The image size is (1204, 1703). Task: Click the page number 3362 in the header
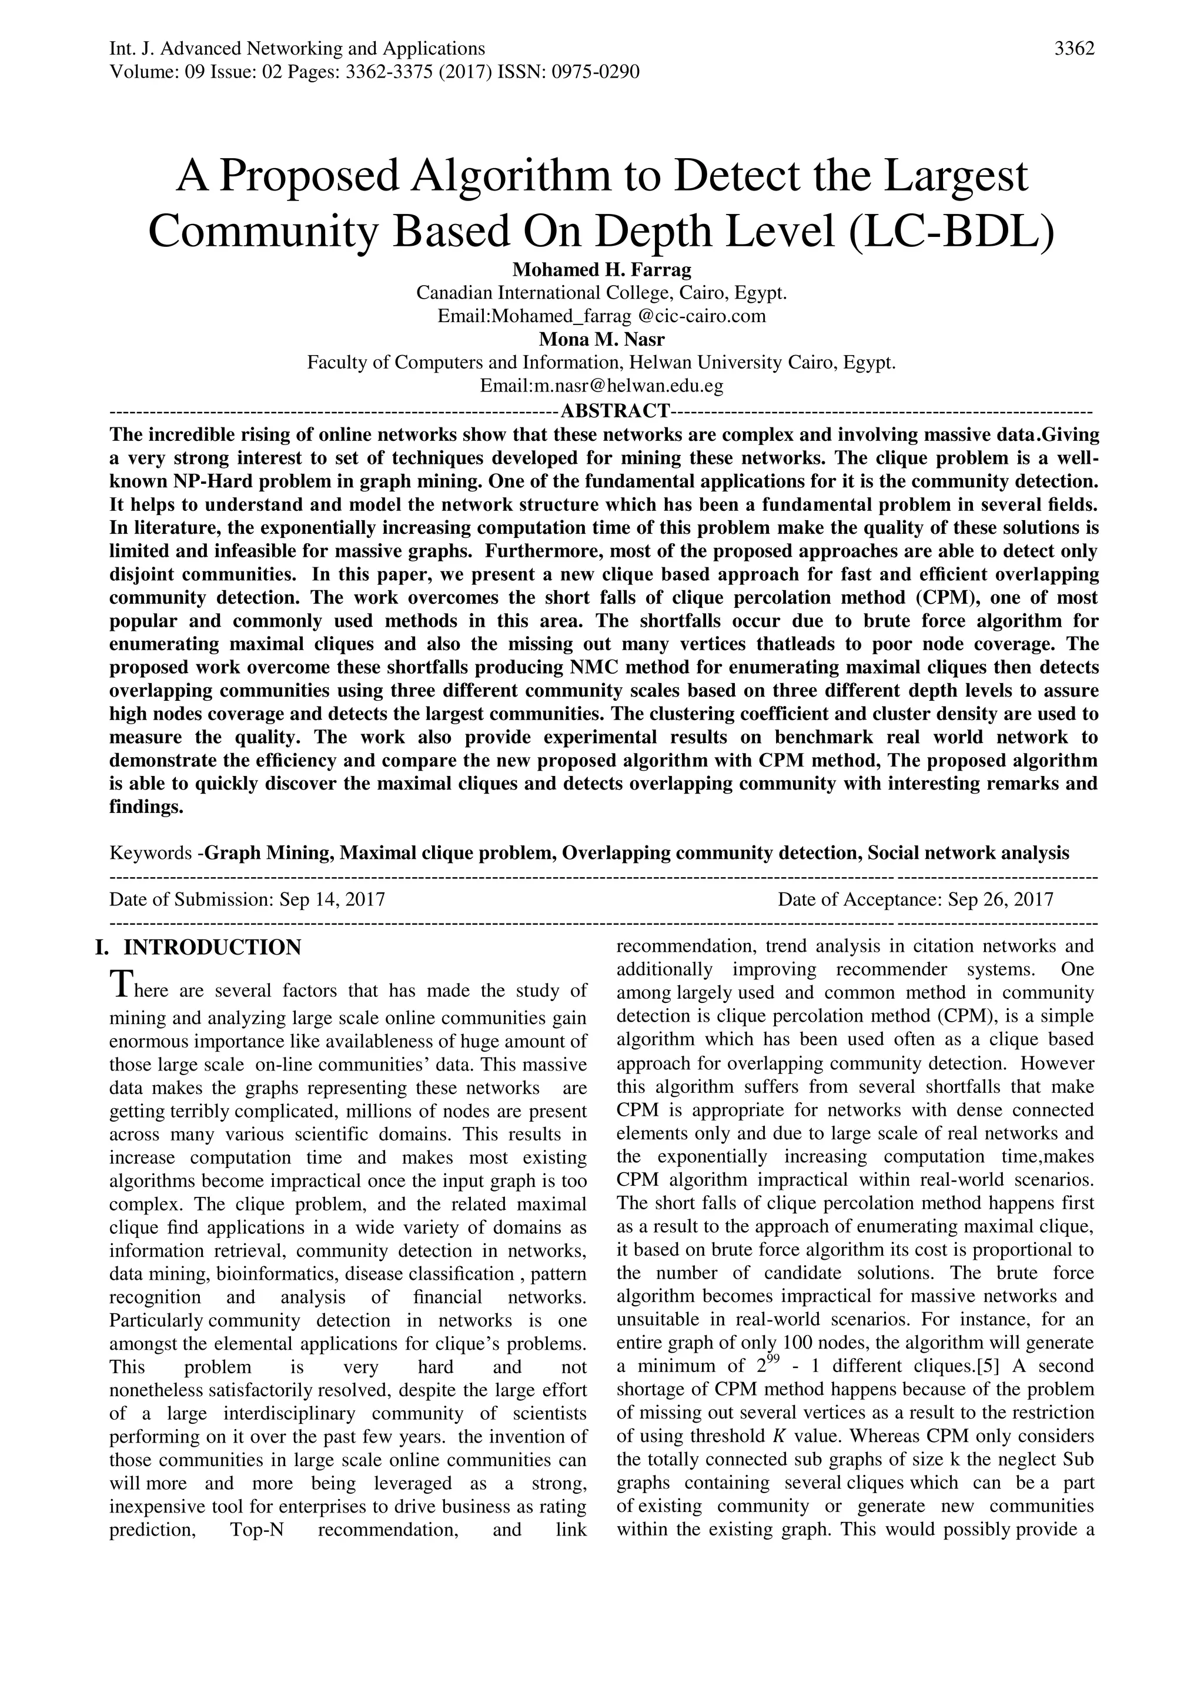click(1074, 49)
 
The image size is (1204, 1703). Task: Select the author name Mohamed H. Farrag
click(601, 269)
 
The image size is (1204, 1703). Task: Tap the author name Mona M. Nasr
click(601, 340)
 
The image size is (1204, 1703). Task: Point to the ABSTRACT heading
click(615, 410)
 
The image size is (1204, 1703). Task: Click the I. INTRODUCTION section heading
click(206, 948)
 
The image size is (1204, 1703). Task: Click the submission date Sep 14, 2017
click(332, 900)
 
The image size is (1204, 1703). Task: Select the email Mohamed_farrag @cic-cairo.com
click(628, 317)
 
